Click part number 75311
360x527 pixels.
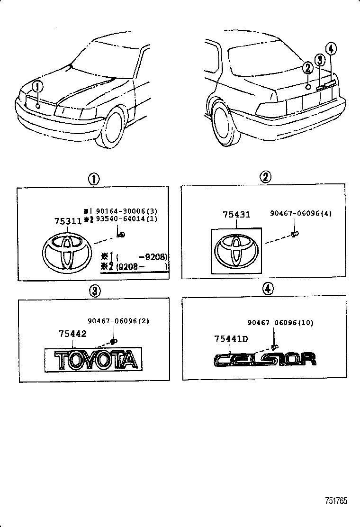click(67, 222)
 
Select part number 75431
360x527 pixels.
click(236, 215)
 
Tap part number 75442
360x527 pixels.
click(72, 334)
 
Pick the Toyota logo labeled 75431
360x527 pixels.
click(235, 251)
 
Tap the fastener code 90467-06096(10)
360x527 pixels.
click(280, 323)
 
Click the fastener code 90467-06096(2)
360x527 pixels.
click(118, 320)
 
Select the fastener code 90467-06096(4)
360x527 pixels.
click(301, 213)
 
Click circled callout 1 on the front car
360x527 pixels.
click(37, 87)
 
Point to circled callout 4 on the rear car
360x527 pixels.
click(331, 48)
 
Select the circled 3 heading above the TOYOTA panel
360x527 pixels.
click(94, 291)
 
